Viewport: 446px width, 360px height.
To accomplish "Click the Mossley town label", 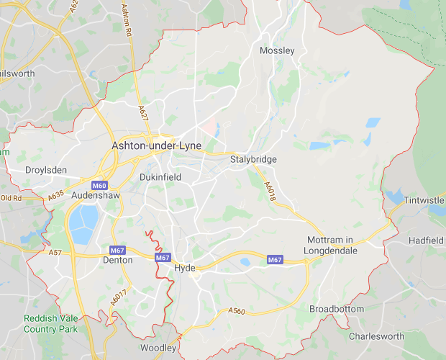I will tap(277, 50).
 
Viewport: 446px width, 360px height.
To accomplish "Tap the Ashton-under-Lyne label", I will tap(157, 145).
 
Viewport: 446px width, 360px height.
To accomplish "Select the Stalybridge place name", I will tap(253, 159).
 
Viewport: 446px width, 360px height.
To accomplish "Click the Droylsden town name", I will tap(45, 170).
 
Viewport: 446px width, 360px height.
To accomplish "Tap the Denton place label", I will tap(118, 260).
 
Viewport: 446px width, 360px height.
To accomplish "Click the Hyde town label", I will tap(185, 269).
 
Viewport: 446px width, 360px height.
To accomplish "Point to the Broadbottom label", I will tap(337, 309).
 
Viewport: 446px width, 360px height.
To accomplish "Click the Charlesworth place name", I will tap(377, 336).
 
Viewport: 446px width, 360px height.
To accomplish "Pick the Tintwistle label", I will tap(424, 199).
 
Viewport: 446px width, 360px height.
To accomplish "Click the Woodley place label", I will tap(158, 348).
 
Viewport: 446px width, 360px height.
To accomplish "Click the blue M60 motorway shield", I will tap(99, 184).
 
